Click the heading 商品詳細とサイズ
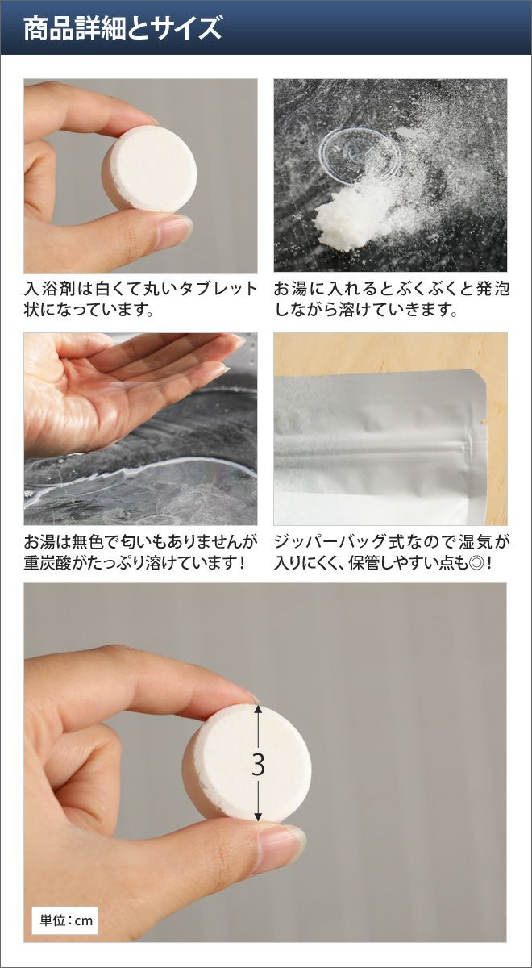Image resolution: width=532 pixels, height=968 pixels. [x=123, y=28]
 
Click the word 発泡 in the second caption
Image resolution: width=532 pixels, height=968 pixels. [x=493, y=288]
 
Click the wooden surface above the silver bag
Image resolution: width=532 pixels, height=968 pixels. [x=389, y=350]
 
